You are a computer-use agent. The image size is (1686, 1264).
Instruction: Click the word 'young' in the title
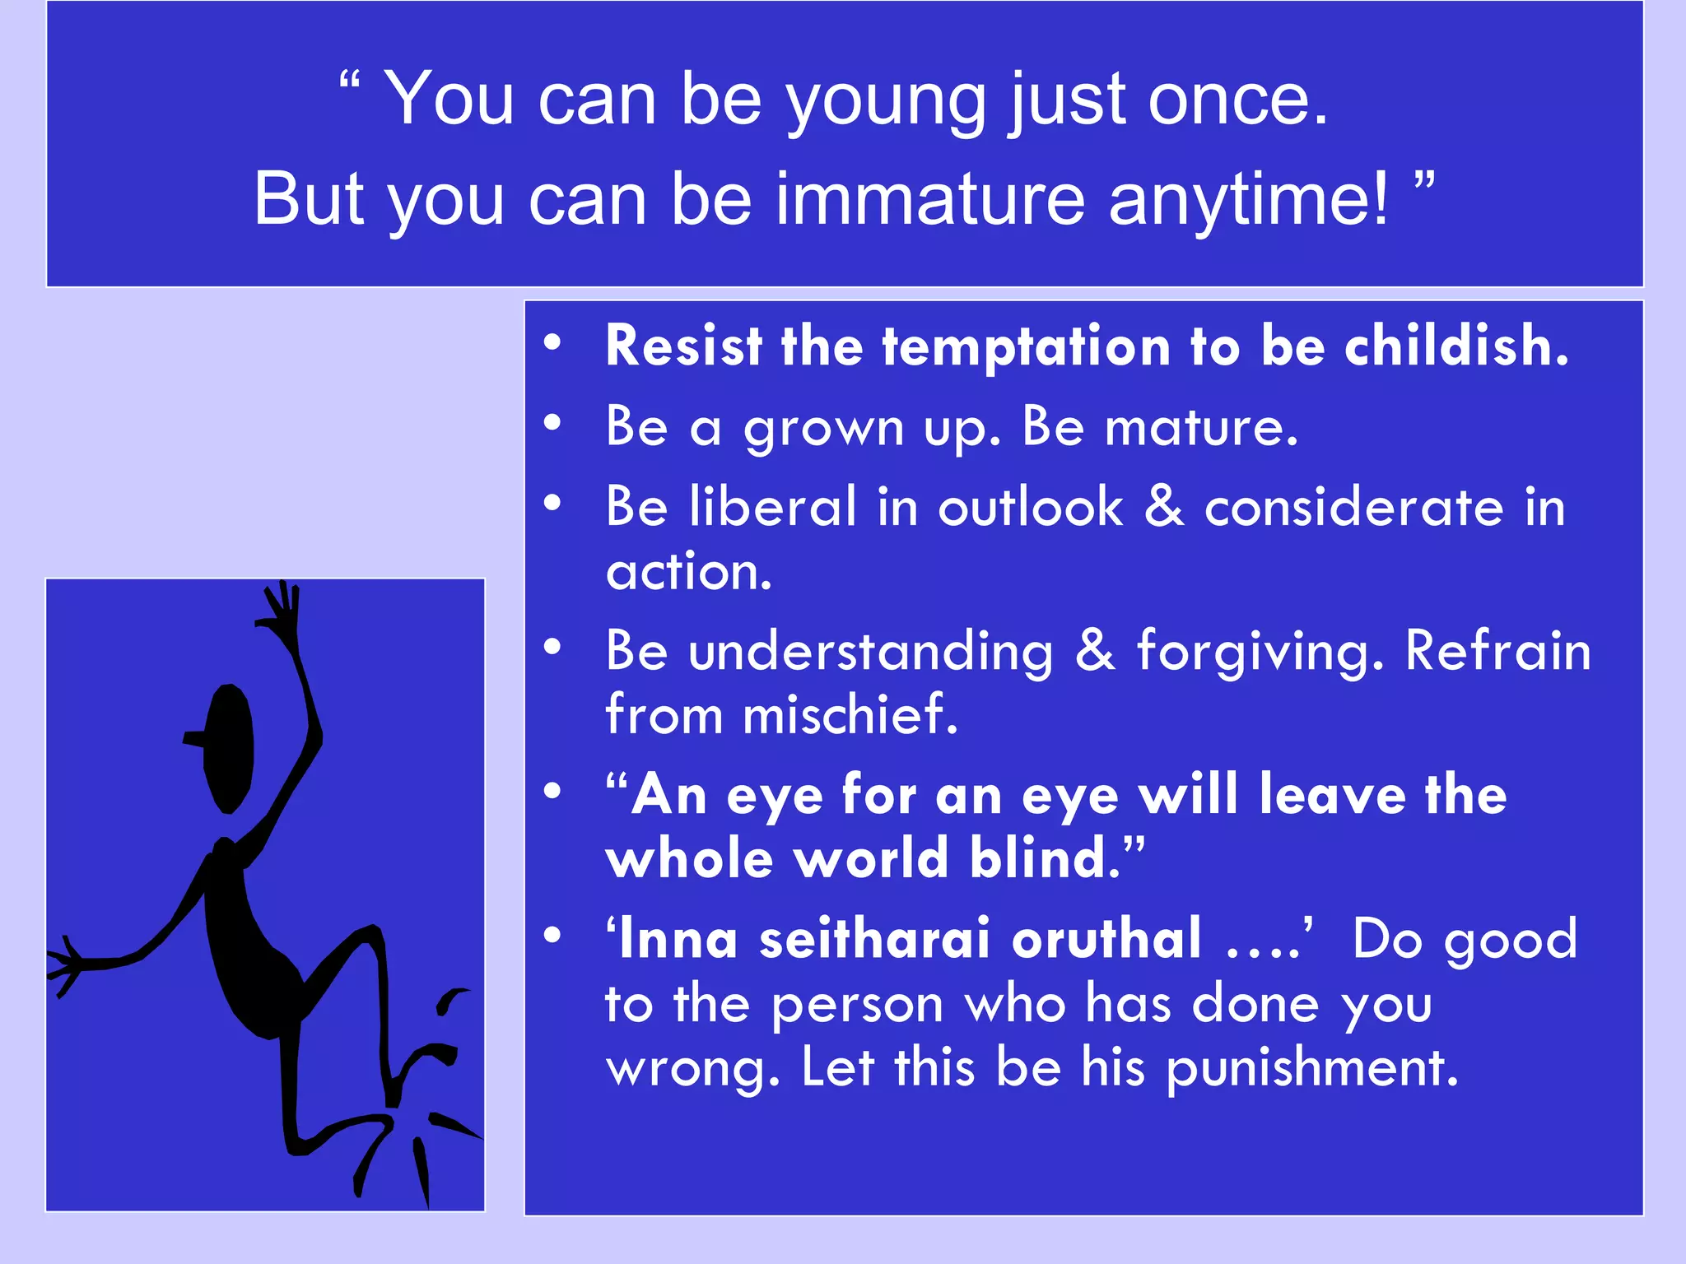[886, 102]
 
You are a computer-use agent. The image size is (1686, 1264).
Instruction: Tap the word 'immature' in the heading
[930, 200]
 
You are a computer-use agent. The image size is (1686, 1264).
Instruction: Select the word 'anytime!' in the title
[1248, 200]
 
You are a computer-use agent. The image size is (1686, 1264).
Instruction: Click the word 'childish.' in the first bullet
[1456, 346]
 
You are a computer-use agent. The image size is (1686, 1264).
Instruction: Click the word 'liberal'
[773, 506]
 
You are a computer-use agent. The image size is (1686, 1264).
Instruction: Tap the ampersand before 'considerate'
[1164, 506]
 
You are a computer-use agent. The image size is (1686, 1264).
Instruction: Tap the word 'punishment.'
[1312, 1068]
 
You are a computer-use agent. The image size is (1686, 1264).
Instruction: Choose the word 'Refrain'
[1497, 650]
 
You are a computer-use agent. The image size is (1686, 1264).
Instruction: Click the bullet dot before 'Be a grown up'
[552, 423]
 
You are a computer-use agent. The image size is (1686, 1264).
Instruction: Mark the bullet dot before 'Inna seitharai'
[552, 935]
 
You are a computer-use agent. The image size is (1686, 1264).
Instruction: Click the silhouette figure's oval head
[228, 747]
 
